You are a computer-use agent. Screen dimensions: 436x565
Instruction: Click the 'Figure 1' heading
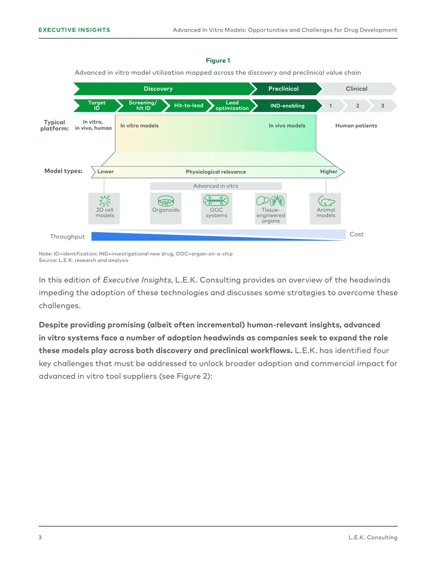217,61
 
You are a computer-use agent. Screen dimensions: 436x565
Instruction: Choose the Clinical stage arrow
357,88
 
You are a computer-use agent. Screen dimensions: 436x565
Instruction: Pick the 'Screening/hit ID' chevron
143,105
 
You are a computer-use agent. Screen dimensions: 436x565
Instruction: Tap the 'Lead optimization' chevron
232,105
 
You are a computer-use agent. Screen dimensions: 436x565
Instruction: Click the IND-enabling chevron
287,105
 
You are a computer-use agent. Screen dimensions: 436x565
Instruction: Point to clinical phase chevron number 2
357,105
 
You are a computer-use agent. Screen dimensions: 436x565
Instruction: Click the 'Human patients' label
356,126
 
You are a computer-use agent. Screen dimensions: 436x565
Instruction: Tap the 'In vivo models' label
287,126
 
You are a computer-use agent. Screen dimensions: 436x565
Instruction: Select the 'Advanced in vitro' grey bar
216,186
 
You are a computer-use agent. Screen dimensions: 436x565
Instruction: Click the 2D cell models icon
105,201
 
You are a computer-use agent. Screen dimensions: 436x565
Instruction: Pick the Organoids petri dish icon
166,201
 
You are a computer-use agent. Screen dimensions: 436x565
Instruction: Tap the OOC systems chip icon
216,200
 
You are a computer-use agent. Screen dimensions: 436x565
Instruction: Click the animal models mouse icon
326,201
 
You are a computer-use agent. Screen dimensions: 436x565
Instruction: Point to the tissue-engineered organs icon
270,200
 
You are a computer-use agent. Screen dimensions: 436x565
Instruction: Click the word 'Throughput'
67,237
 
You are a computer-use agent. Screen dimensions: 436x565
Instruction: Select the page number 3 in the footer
40,537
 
